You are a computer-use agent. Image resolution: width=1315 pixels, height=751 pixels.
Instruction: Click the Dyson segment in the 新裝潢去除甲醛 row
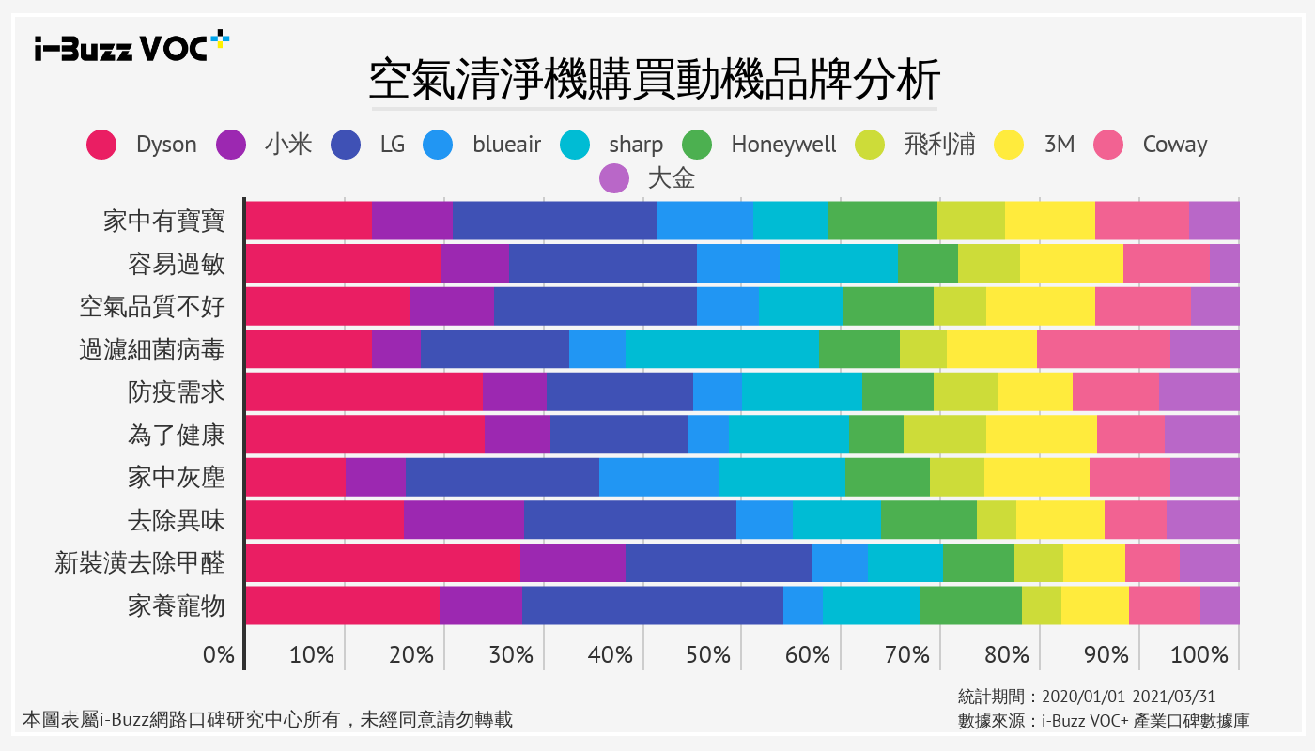(x=382, y=562)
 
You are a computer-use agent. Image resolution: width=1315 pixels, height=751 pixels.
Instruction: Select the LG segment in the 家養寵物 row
(x=652, y=605)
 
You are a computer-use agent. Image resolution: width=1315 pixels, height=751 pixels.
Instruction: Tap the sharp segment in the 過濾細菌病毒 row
(x=721, y=349)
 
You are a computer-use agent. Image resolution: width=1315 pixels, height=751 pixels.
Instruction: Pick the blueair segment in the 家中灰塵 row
(x=658, y=477)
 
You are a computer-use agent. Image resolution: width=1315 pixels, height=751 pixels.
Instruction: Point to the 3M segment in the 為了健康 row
(x=1041, y=435)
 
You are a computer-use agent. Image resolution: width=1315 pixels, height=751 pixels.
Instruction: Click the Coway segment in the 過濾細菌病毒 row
(x=1103, y=349)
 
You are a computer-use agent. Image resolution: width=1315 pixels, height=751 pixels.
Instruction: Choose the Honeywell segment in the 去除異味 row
(x=928, y=520)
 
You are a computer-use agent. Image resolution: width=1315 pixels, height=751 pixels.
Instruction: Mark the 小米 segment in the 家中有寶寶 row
(x=411, y=221)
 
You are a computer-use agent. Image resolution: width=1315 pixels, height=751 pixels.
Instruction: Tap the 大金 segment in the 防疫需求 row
(x=1199, y=391)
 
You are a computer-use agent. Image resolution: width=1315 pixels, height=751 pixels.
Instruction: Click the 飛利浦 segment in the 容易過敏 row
(x=988, y=264)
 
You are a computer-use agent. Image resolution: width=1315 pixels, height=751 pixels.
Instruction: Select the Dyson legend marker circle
(x=101, y=145)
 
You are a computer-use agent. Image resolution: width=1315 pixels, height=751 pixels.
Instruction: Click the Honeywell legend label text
(x=783, y=145)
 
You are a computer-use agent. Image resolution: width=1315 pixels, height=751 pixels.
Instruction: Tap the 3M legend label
(x=1060, y=145)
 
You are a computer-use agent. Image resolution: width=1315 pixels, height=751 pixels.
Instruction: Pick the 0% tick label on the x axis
(x=219, y=654)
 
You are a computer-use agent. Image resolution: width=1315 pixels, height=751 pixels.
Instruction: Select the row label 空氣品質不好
(x=152, y=307)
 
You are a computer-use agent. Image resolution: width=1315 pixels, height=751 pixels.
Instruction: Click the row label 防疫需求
(x=177, y=392)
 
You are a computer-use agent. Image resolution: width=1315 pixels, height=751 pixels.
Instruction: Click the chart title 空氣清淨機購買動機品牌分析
(x=655, y=81)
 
